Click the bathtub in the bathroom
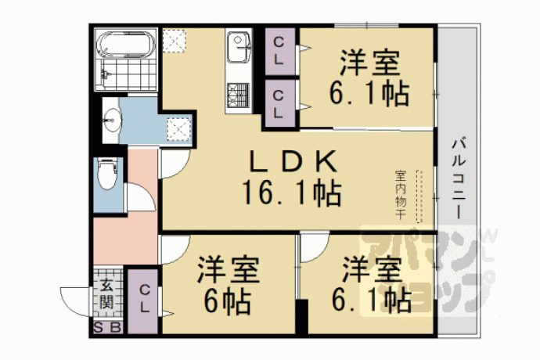point(126,44)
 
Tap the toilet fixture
point(107,174)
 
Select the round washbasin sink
point(112,120)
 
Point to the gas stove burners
point(239,95)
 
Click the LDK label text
point(293,161)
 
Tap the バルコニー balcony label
point(459,178)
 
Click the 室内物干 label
point(400,195)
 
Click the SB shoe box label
point(107,328)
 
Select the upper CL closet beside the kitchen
point(279,51)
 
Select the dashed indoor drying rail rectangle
point(419,196)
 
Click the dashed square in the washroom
point(178,130)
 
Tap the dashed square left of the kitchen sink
point(175,41)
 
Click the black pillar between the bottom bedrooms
point(302,317)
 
